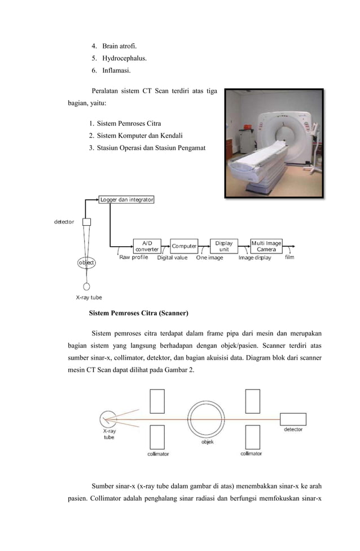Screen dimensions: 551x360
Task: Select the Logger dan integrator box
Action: click(126, 199)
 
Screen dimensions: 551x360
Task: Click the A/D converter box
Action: click(147, 246)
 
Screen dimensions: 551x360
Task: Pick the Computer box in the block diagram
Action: click(184, 246)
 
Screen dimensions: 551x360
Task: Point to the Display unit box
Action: click(223, 246)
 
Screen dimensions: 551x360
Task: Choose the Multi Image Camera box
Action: click(266, 246)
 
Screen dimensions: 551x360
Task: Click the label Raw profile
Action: click(134, 258)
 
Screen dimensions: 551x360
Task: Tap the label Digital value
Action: click(172, 258)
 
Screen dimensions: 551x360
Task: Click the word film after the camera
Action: click(289, 257)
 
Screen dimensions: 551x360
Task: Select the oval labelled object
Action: click(86, 263)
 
